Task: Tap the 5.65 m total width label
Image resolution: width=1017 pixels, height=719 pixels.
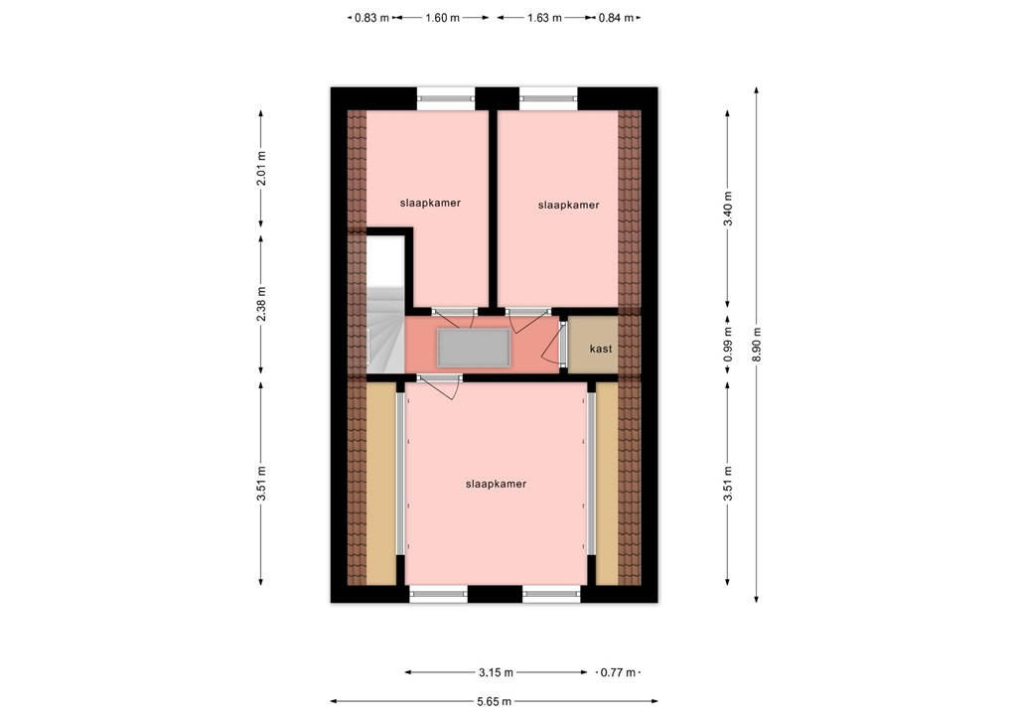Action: pyautogui.click(x=494, y=701)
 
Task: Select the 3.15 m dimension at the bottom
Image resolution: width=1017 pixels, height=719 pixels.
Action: pyautogui.click(x=494, y=672)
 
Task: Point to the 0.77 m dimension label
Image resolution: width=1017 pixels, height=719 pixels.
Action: pyautogui.click(x=618, y=672)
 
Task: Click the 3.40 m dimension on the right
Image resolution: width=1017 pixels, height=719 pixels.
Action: pyautogui.click(x=728, y=209)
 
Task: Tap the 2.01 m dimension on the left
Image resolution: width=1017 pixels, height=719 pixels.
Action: pyautogui.click(x=261, y=169)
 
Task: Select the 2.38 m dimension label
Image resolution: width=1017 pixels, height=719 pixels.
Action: pyautogui.click(x=261, y=306)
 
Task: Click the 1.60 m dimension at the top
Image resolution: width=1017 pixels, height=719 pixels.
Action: pyautogui.click(x=442, y=17)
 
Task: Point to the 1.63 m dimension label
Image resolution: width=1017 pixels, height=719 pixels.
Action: pyautogui.click(x=543, y=17)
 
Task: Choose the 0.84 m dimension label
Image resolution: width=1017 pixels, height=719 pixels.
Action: pyautogui.click(x=616, y=17)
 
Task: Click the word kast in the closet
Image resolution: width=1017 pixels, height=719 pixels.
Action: pyautogui.click(x=600, y=349)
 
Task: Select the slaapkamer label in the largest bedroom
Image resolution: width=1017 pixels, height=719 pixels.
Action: pyautogui.click(x=496, y=485)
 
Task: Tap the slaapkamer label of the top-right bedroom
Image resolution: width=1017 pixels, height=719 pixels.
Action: pyautogui.click(x=568, y=206)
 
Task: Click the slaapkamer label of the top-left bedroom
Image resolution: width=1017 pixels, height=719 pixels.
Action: pyautogui.click(x=430, y=203)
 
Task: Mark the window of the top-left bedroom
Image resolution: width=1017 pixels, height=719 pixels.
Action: pyautogui.click(x=445, y=97)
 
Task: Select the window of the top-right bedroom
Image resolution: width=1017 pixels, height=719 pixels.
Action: pyautogui.click(x=548, y=97)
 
